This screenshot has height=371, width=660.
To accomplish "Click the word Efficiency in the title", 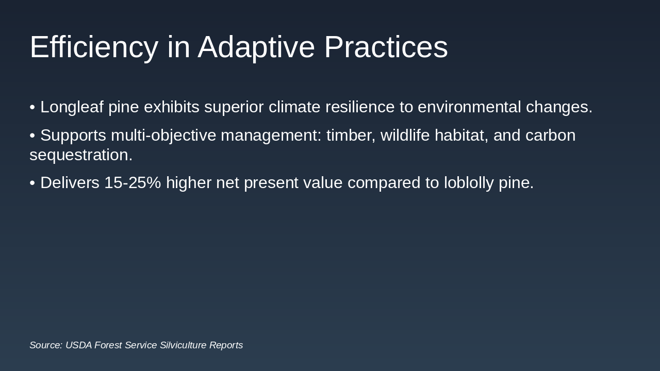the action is (x=94, y=47).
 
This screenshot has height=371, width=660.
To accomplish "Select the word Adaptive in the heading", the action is (x=256, y=47).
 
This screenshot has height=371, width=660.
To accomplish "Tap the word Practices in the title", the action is (x=386, y=46).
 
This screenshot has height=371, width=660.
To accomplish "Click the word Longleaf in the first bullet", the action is (x=72, y=107).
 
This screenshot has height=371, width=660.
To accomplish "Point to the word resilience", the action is (x=360, y=107).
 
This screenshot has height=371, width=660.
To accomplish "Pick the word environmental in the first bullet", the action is (x=469, y=107).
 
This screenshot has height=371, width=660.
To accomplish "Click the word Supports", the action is (x=73, y=136).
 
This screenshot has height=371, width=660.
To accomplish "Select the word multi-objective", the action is (x=163, y=136).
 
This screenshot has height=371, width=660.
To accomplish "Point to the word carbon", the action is (x=550, y=136).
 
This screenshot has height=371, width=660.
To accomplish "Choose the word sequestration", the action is (x=81, y=155).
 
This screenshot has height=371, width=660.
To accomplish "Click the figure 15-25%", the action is (x=133, y=182).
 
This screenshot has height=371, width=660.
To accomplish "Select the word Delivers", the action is (x=70, y=182).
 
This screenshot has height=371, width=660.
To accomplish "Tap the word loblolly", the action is (x=469, y=183).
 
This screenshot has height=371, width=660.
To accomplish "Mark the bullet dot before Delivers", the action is (x=32, y=183).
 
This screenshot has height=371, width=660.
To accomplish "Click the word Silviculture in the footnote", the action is (x=183, y=345).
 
